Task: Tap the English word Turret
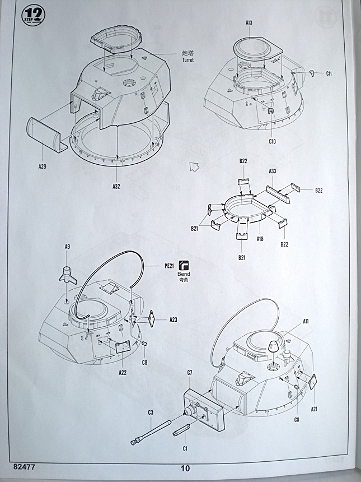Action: (187, 60)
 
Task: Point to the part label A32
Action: (116, 186)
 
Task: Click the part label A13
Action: (249, 23)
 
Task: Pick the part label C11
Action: (329, 74)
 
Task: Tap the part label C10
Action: (272, 141)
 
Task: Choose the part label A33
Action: (273, 171)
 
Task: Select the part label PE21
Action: (170, 266)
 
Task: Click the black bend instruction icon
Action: (184, 266)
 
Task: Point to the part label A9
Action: (67, 247)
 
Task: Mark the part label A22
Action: (122, 372)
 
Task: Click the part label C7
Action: (190, 373)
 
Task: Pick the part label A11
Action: (306, 321)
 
